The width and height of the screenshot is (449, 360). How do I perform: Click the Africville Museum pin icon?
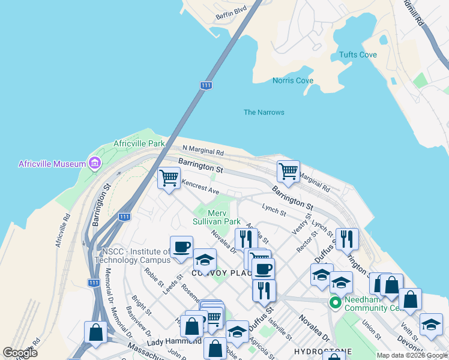94,163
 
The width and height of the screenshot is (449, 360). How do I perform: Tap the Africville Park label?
139,144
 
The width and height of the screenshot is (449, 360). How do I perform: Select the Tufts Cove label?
358,55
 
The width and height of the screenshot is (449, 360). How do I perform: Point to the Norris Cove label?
293,80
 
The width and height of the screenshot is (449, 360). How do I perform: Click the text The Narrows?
264,112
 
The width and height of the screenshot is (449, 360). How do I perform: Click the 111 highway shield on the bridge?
206,86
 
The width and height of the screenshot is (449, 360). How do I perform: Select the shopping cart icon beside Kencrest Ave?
169,178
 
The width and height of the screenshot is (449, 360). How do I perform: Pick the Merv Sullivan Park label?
224,217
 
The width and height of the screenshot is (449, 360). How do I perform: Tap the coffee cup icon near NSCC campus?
181,247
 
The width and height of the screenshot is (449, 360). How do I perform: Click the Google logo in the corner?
20,353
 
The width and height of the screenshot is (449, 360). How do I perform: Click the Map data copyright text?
412,355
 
